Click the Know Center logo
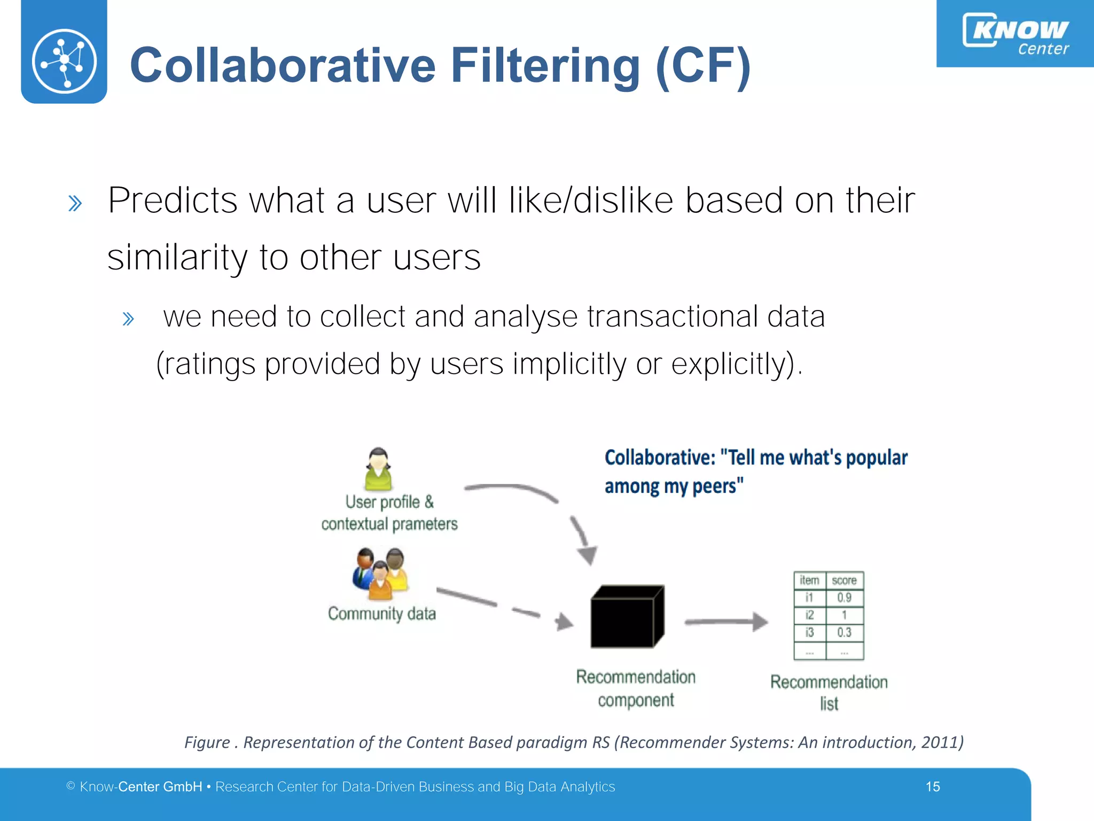1015,33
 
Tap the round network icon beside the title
64,61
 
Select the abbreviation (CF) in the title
703,66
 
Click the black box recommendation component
627,617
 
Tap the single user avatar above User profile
378,469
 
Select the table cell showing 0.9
844,598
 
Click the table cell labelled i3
809,632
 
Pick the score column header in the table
844,580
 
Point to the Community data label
381,614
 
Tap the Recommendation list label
829,692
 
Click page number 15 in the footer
933,787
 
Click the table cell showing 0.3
844,632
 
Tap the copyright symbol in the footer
71,786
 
